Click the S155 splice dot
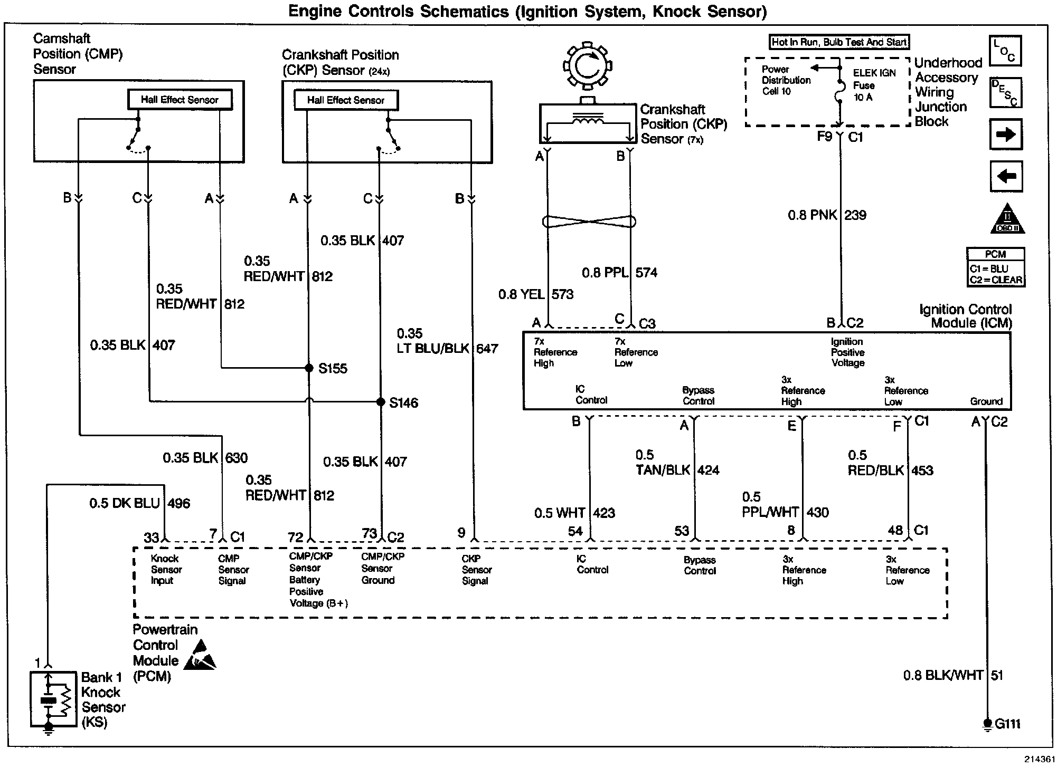click(x=309, y=368)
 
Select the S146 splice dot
click(x=380, y=402)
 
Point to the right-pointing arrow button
click(x=1006, y=135)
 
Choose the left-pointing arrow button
click(x=1006, y=176)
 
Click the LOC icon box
click(x=1005, y=51)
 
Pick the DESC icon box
click(x=1005, y=93)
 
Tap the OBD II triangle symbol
click(x=1007, y=219)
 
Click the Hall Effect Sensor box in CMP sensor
click(x=180, y=100)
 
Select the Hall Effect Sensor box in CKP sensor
click(x=346, y=100)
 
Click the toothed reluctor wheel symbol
click(x=586, y=66)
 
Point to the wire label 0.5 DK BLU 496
click(x=139, y=503)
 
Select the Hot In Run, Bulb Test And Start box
click(x=839, y=42)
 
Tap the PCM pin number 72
click(x=296, y=537)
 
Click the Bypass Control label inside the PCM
click(x=700, y=565)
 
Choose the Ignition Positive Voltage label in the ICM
click(x=847, y=352)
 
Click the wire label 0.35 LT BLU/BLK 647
click(x=447, y=341)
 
